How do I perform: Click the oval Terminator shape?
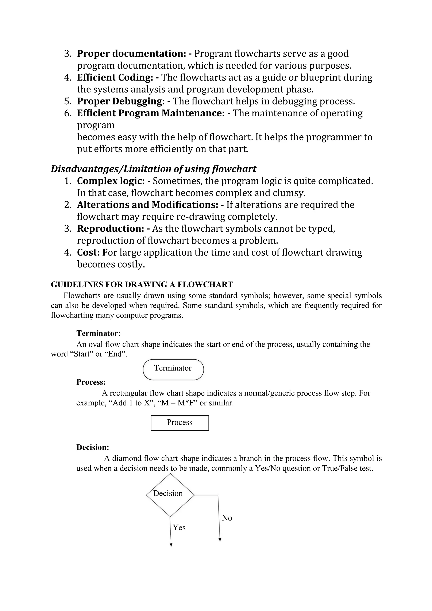[173, 369]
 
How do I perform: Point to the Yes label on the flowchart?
[179, 528]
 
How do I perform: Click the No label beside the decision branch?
[227, 518]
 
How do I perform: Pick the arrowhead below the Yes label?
[171, 545]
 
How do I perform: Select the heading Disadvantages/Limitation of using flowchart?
[153, 169]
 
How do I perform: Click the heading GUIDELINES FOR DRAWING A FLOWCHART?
[142, 284]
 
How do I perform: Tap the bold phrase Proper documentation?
[131, 54]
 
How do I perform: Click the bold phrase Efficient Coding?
[115, 77]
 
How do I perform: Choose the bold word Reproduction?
[111, 229]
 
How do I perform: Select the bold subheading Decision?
[93, 447]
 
